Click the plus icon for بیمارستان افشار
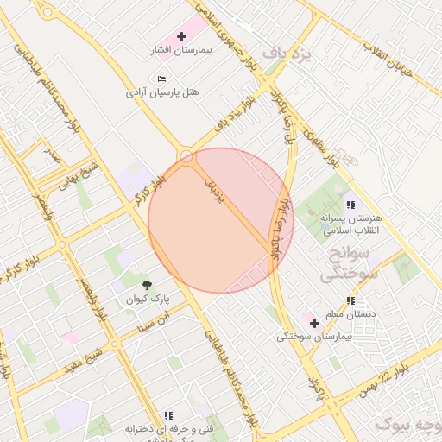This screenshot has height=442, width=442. coord(181,37)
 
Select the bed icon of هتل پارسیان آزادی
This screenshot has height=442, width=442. coord(162,79)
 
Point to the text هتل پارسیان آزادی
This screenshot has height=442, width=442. coord(162,92)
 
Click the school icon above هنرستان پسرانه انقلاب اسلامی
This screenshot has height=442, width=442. coord(350,205)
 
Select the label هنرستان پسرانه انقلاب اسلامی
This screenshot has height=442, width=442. coord(350,225)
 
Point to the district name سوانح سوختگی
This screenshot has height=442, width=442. coord(344,265)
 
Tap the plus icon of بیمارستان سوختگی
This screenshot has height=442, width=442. coord(314,323)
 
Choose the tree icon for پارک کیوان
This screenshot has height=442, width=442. coord(148,284)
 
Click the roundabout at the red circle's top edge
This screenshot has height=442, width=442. coord(187,156)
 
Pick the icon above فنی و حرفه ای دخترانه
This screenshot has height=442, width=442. coord(167,415)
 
